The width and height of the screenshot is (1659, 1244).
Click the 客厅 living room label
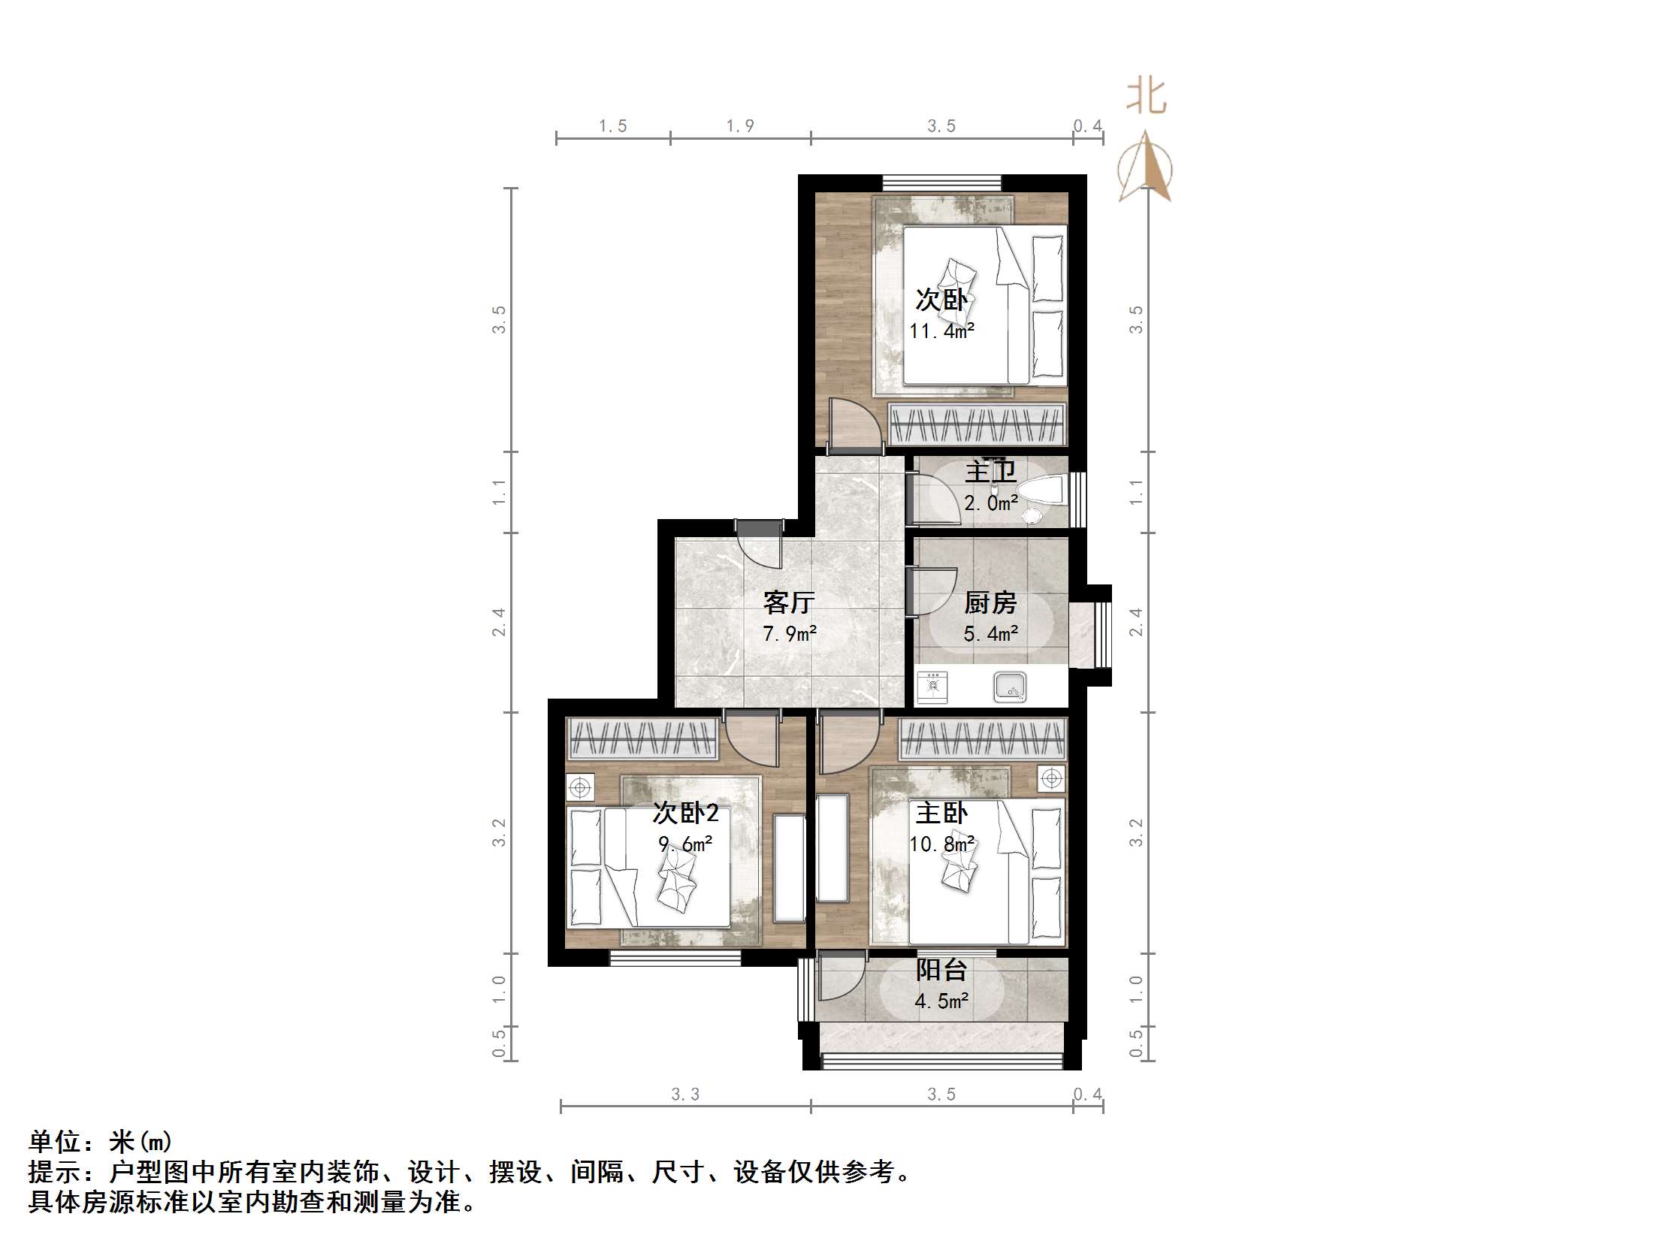tap(788, 602)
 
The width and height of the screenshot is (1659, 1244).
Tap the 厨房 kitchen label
tap(990, 602)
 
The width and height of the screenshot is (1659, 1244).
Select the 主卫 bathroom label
tap(990, 472)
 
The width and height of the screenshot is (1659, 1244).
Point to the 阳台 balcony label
tap(941, 970)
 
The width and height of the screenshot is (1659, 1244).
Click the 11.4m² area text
tap(941, 331)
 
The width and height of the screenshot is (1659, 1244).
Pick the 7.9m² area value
tap(790, 634)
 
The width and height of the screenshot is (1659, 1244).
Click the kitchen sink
tap(1010, 687)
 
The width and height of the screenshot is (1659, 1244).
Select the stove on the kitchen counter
tap(932, 686)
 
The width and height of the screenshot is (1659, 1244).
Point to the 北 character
tap(1146, 97)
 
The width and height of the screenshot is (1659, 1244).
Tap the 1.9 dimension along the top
tap(740, 126)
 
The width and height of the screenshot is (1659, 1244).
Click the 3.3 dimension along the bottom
tap(685, 1095)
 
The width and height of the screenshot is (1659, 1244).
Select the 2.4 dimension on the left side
tap(499, 622)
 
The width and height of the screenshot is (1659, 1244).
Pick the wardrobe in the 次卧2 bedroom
tap(643, 738)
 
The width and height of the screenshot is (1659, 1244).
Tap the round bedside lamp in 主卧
tap(1051, 778)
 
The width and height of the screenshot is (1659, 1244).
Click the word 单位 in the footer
tap(55, 1142)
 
